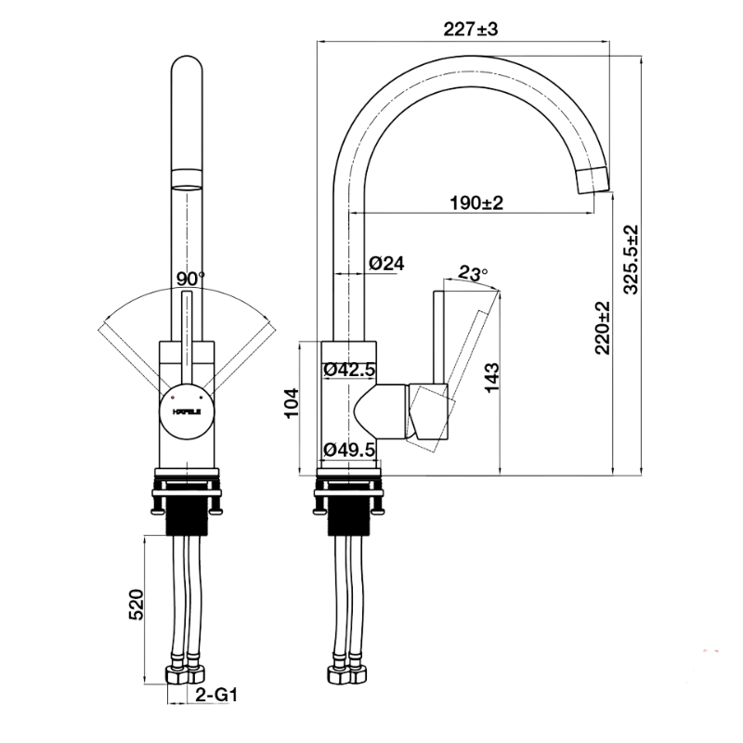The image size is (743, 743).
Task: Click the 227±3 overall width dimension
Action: (471, 30)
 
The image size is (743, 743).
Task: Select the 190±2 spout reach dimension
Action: (476, 202)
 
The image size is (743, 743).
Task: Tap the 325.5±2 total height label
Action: (631, 260)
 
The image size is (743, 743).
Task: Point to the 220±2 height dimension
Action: (603, 328)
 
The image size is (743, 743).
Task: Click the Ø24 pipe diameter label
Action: (386, 263)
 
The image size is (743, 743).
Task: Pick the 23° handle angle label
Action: (473, 273)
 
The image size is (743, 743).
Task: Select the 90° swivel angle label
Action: (190, 279)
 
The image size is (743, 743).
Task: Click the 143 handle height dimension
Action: (492, 378)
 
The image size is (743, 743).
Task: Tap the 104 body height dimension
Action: (291, 403)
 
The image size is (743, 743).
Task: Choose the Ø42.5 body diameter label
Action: (349, 369)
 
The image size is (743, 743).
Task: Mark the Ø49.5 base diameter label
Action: (349, 450)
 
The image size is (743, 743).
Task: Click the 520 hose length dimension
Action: (136, 605)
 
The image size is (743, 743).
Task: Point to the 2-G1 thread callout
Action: (216, 695)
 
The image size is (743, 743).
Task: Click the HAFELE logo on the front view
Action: (187, 411)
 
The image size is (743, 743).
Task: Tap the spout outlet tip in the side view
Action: (593, 180)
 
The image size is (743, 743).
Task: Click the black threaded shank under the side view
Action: (349, 519)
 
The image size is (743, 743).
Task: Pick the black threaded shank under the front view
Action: (187, 519)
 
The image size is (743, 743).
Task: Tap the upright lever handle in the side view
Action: (440, 337)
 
